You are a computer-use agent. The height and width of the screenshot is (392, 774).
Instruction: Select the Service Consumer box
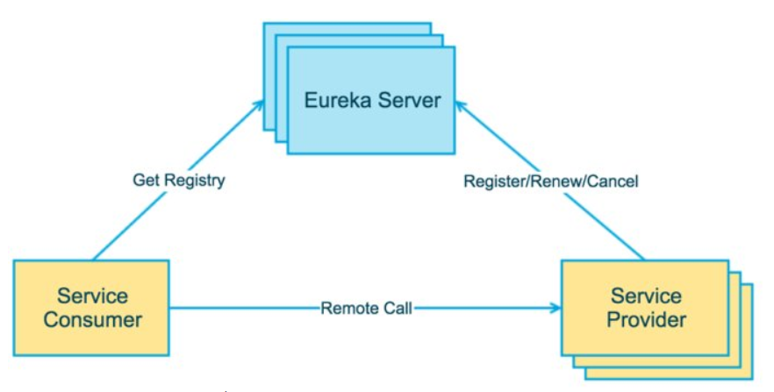pos(91,308)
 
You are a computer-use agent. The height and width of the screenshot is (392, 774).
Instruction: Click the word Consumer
pos(93,319)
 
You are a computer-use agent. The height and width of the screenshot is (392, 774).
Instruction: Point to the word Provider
pos(646,319)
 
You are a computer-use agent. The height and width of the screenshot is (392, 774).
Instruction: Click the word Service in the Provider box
pos(646,296)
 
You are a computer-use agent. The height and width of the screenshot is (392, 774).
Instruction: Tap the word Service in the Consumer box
pos(93,296)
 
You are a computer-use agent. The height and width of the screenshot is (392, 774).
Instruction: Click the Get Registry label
pos(179,181)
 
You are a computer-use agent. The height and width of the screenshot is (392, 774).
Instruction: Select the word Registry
pos(195,181)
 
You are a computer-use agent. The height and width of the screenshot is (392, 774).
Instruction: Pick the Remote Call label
pos(366,309)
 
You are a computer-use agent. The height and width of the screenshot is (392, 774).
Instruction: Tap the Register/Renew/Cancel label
pos(551,182)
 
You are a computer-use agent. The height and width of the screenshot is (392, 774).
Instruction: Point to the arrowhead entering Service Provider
pos(555,308)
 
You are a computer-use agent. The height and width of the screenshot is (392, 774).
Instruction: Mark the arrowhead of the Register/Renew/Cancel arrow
pos(461,106)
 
